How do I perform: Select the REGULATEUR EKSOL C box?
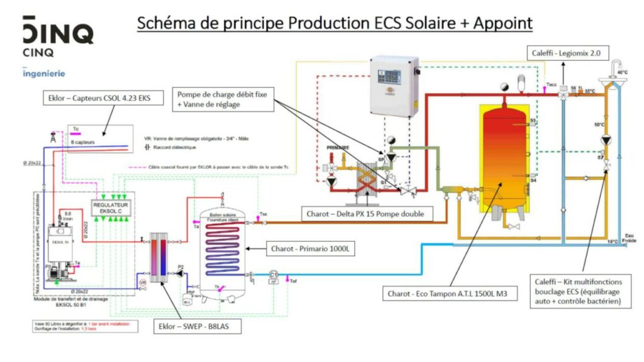[110, 208]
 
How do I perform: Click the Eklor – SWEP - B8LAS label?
[196, 327]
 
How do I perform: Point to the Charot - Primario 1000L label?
[312, 250]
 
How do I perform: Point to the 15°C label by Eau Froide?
[609, 241]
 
